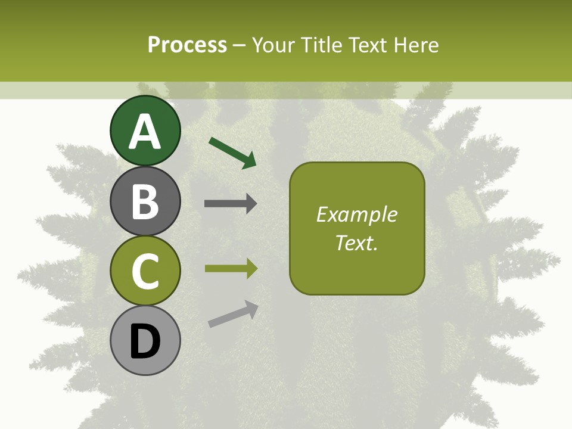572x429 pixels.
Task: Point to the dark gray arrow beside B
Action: point(231,204)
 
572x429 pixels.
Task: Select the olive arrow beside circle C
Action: point(231,269)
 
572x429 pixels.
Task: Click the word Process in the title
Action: point(187,45)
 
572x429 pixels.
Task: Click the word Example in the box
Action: point(356,214)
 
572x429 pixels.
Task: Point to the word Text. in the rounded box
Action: point(356,243)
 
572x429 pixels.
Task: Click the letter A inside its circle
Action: point(145,132)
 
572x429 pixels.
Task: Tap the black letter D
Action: point(145,343)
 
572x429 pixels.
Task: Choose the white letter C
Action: point(145,271)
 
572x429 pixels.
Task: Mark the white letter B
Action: point(145,201)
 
